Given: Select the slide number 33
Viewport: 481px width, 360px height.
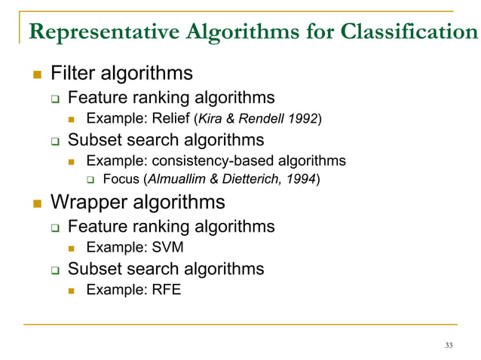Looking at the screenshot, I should [449, 345].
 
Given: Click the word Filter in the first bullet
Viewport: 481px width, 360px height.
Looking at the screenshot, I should [71, 74].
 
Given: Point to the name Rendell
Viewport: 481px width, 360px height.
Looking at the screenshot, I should [259, 118].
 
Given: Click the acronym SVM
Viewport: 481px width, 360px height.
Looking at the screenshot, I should [167, 247].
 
